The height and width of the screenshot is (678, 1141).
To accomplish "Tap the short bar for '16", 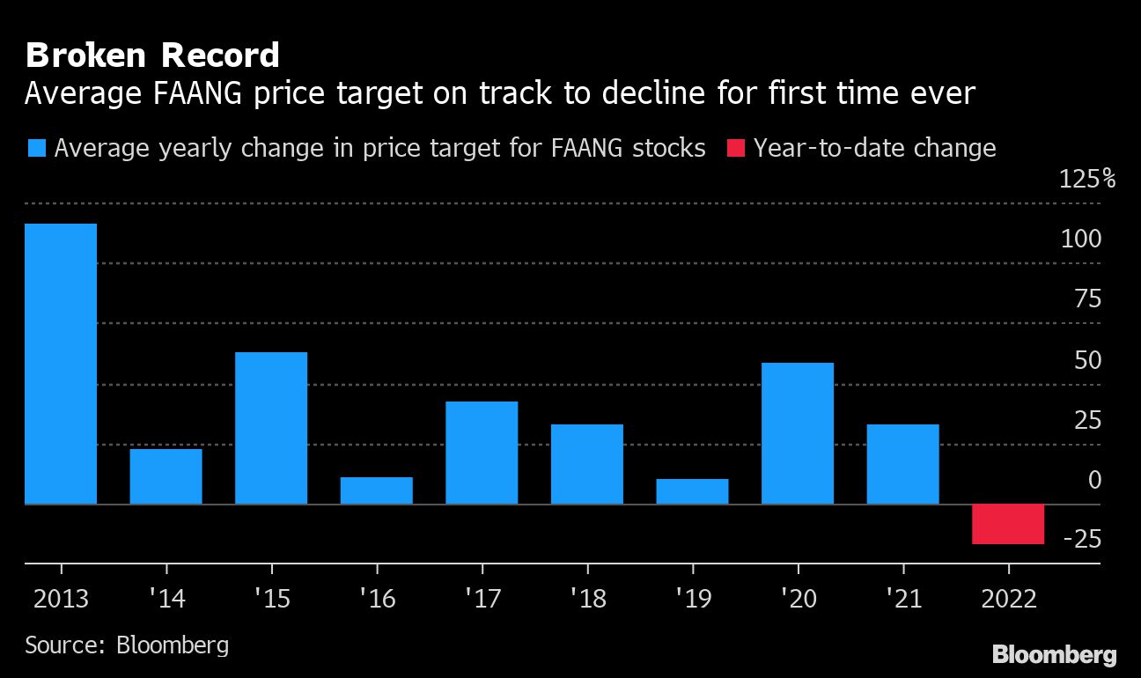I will click(x=377, y=490).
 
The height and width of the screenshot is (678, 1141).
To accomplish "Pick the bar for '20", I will click(x=798, y=433).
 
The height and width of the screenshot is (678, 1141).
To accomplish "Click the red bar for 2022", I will click(x=1008, y=525).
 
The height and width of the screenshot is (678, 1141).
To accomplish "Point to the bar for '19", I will click(x=693, y=491).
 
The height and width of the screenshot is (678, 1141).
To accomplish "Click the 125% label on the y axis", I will click(x=1088, y=180).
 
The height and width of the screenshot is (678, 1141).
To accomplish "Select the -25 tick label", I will click(x=1082, y=539).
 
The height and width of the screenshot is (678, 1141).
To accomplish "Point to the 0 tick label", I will click(x=1094, y=480).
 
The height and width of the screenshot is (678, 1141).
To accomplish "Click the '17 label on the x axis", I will click(x=482, y=600).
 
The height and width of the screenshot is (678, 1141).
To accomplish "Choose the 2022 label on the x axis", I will click(x=1008, y=600).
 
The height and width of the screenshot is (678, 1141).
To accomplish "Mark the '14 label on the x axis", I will click(x=166, y=600).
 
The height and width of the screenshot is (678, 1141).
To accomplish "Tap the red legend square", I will click(x=736, y=147).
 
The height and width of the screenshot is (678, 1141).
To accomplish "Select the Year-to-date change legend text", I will click(x=874, y=148).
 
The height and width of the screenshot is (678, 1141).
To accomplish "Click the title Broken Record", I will click(x=152, y=55).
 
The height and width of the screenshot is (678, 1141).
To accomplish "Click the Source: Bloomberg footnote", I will click(x=127, y=645).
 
